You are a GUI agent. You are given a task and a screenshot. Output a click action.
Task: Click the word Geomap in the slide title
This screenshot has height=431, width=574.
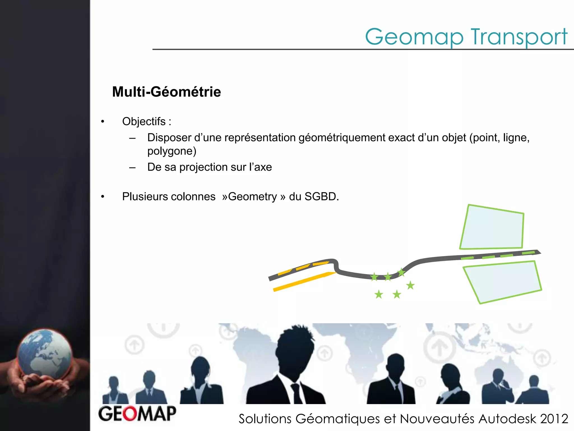point(414,37)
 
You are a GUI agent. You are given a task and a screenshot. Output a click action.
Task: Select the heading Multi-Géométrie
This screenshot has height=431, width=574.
point(166,92)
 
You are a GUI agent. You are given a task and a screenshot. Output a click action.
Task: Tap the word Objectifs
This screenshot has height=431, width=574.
point(144,121)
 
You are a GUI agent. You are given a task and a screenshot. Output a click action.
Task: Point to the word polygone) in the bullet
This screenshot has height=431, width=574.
point(172,151)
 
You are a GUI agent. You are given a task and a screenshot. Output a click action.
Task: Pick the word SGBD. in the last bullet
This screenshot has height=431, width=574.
point(322,196)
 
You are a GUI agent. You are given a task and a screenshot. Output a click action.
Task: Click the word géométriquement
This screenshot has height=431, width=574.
point(342,137)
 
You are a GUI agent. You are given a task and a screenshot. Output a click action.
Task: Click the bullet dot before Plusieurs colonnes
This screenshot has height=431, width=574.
point(103,197)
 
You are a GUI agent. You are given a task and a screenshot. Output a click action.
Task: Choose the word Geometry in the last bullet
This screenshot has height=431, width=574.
point(253,197)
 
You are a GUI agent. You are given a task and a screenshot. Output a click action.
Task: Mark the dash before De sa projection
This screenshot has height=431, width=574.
point(132,168)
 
